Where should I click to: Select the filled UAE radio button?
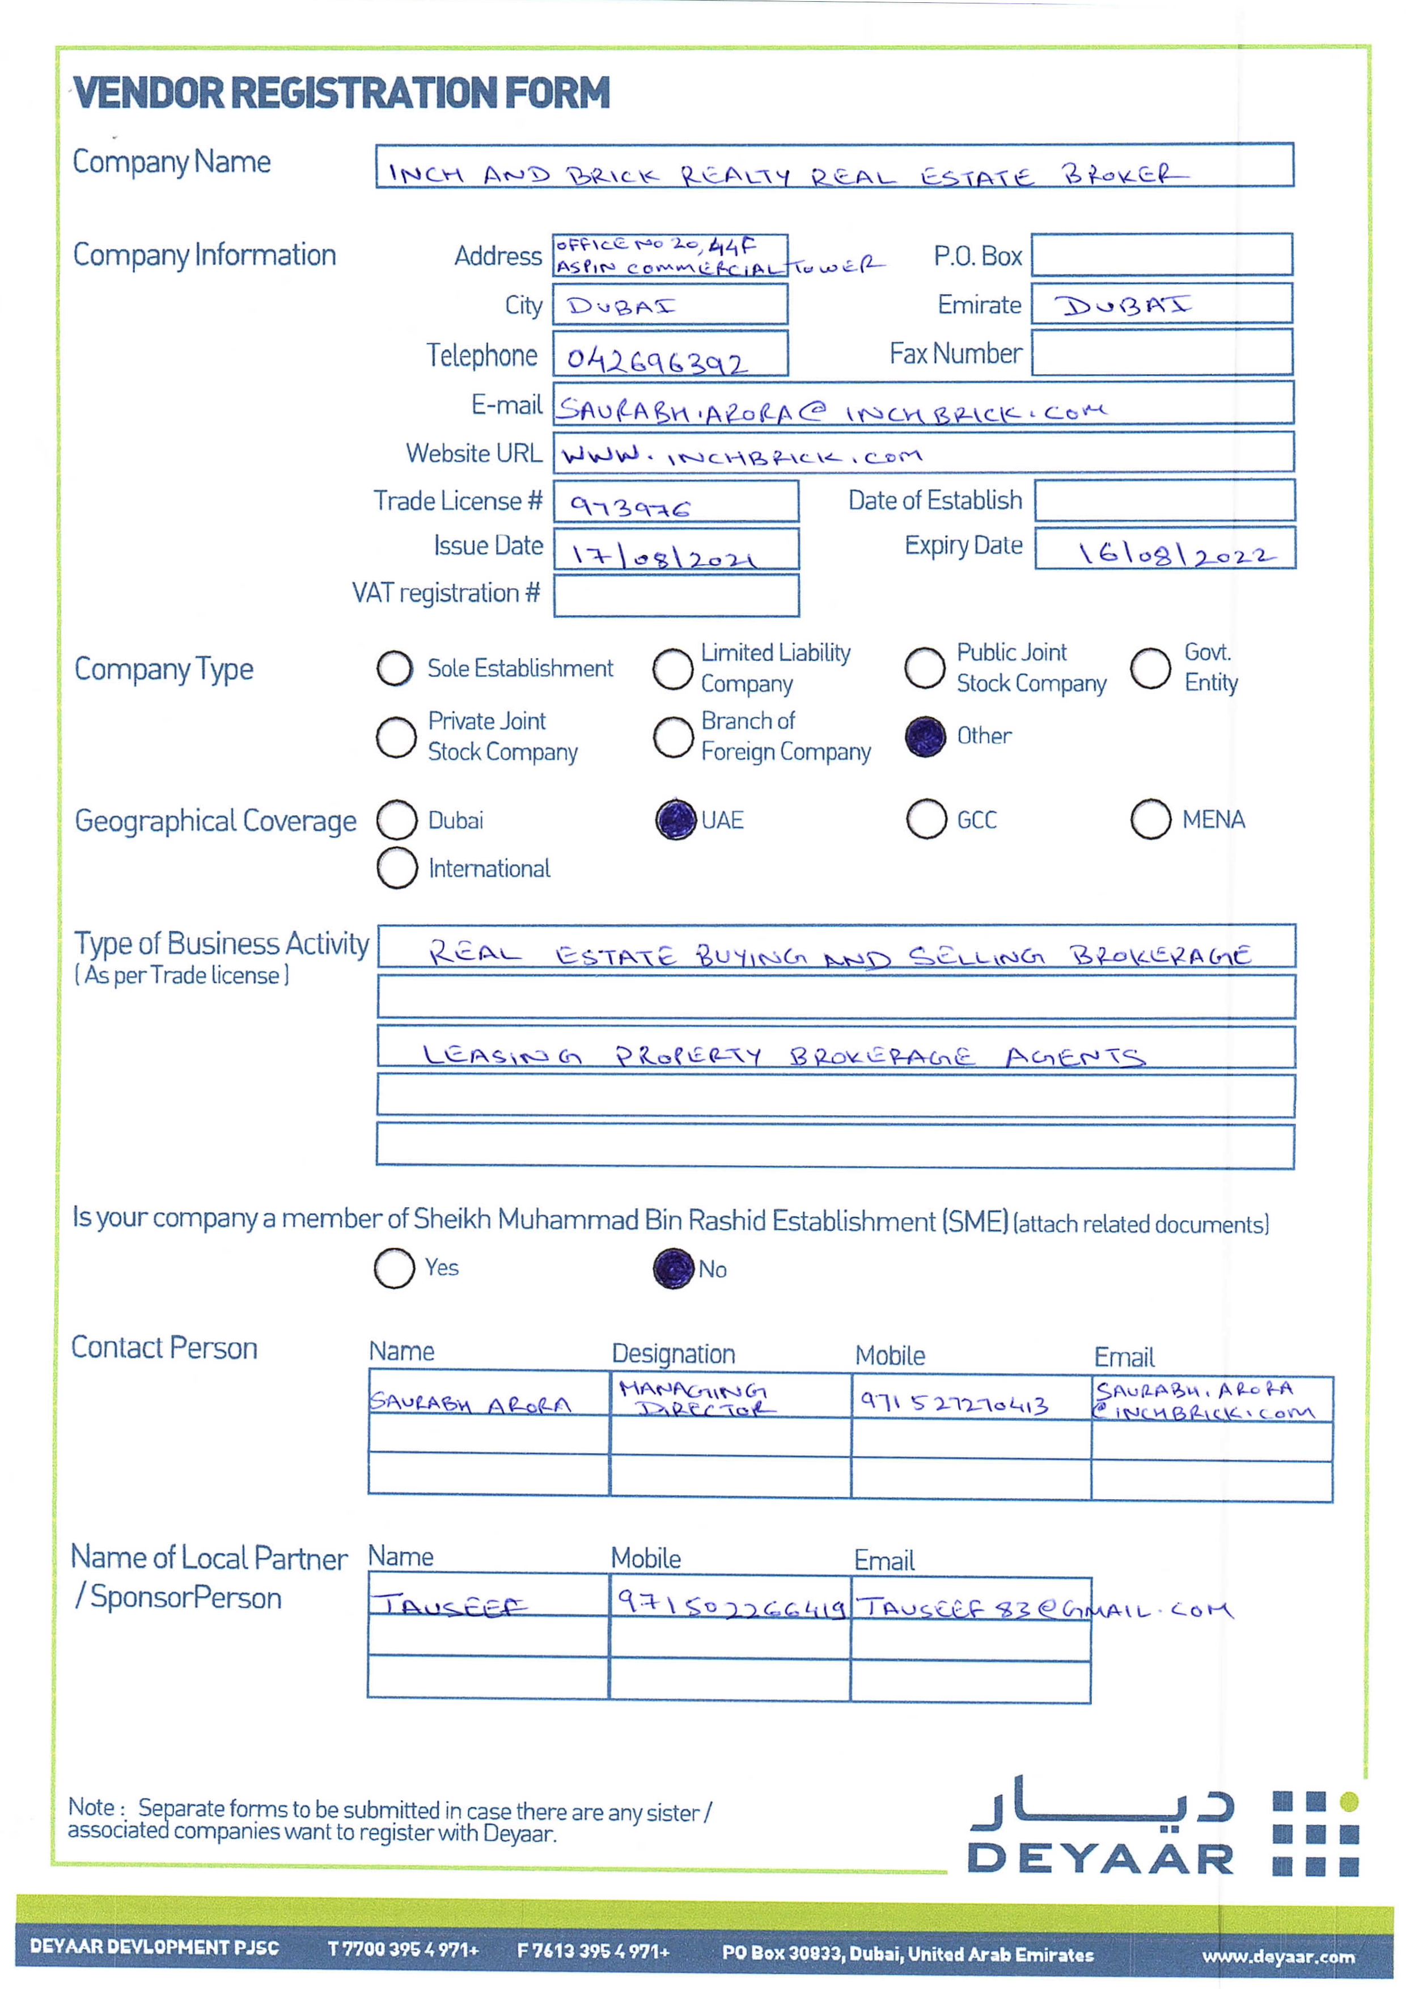676,819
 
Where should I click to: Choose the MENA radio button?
1150,819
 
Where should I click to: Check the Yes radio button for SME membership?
394,1268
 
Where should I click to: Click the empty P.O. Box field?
1161,255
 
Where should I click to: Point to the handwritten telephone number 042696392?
657,359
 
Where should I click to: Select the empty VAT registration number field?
676,596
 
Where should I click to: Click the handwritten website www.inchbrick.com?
740,455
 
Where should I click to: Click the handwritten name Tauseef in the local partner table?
451,1605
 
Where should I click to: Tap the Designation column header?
673,1353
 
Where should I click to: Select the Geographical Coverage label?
215,820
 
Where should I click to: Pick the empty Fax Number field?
1161,353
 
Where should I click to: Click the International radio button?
397,868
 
